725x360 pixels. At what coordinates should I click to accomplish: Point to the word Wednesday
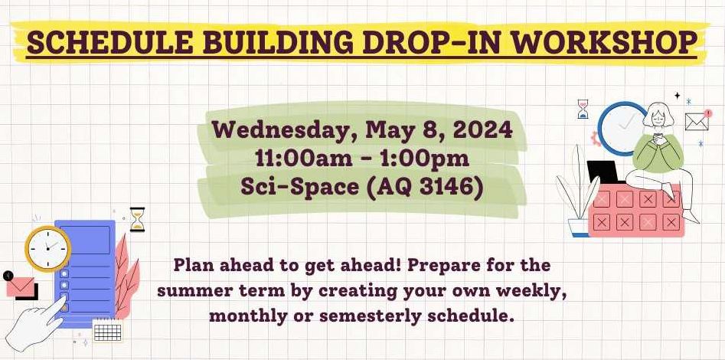point(284,130)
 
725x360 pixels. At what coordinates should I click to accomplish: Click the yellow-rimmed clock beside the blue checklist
point(47,248)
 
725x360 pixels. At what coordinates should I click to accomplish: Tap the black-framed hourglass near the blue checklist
point(137,219)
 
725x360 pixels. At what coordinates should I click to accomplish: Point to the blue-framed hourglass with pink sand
point(583,110)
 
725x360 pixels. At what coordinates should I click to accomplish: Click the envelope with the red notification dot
point(697,120)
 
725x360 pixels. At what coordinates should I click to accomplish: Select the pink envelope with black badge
point(21,286)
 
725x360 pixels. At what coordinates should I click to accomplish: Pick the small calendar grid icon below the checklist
point(108,331)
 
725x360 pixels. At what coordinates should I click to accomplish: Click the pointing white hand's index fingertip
point(63,298)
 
